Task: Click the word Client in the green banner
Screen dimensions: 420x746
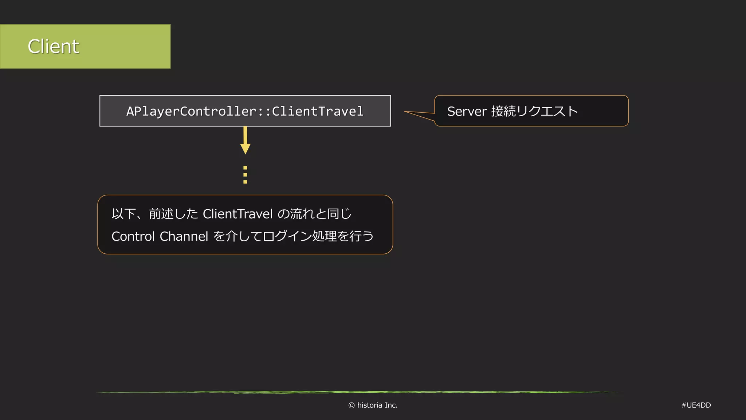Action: click(53, 47)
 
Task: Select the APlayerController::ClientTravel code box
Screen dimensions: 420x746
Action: click(245, 111)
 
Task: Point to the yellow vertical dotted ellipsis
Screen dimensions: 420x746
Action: click(245, 175)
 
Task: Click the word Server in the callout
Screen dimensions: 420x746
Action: click(467, 111)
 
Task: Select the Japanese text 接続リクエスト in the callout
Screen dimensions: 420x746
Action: click(534, 111)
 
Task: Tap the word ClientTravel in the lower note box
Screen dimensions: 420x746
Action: click(237, 214)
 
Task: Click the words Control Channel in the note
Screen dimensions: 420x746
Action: click(160, 236)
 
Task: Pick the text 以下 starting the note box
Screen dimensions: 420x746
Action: click(124, 214)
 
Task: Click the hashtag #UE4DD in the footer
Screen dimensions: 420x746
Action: click(696, 405)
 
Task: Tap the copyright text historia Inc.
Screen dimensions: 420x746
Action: click(377, 405)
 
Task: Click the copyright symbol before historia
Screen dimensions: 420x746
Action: click(352, 405)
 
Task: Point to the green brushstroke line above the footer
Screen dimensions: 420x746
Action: click(361, 392)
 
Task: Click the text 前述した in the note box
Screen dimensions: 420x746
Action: click(173, 214)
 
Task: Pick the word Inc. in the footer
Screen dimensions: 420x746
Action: click(391, 405)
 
